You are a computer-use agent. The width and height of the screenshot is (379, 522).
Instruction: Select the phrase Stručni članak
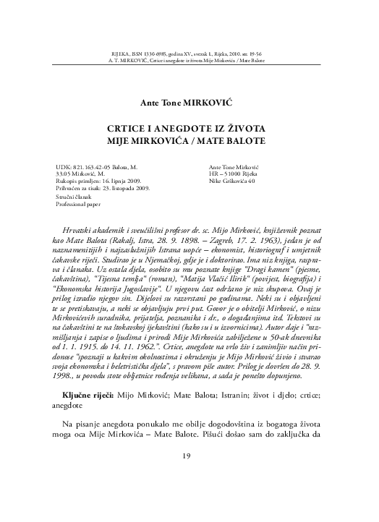[x=74, y=197]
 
